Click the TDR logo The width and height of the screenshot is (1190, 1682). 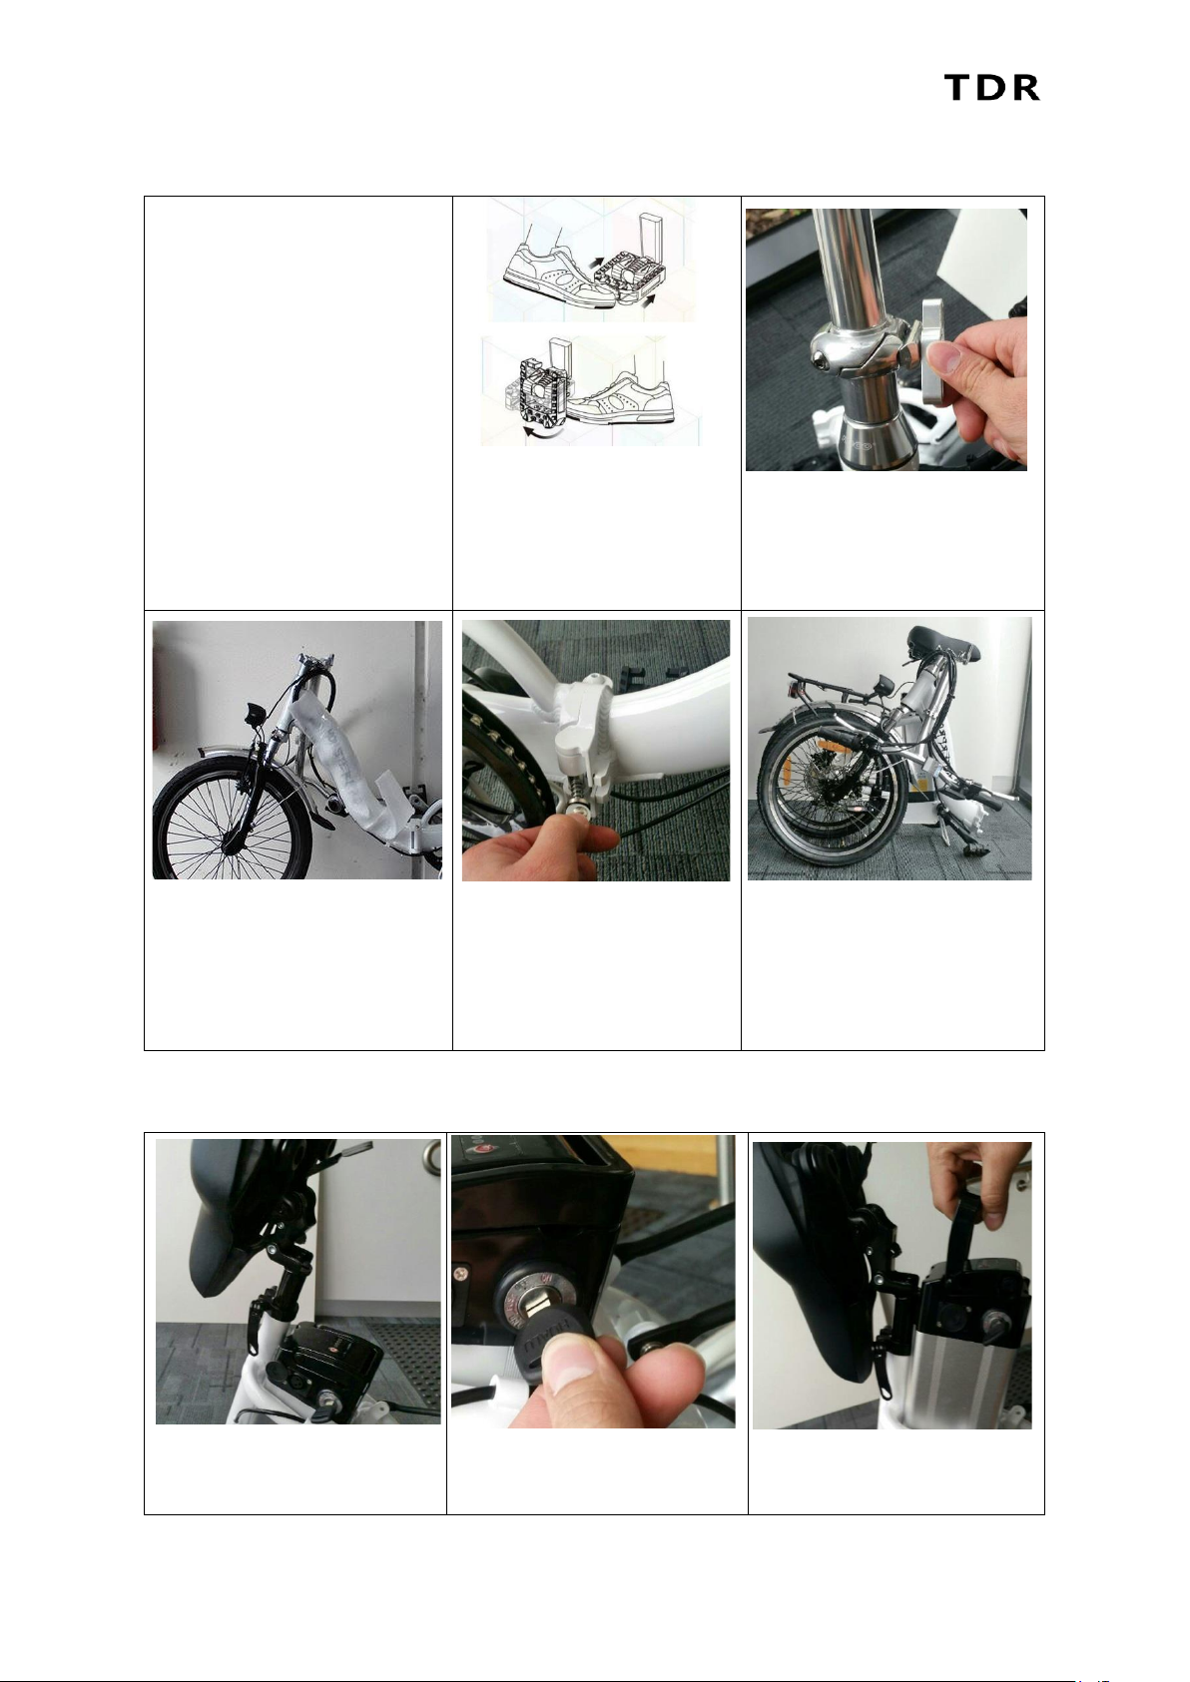[991, 88]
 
